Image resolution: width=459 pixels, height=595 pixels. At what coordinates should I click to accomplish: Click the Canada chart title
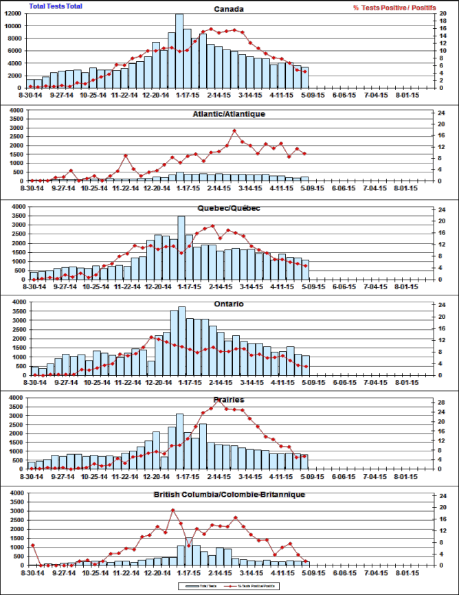coord(229,10)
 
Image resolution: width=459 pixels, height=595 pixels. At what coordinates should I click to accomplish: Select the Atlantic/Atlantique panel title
coord(229,114)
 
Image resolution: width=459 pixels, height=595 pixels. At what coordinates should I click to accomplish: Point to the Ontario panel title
coord(229,304)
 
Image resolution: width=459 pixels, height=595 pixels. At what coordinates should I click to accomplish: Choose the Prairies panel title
coord(229,399)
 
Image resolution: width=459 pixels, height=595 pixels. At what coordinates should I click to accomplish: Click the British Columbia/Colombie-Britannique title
coord(229,495)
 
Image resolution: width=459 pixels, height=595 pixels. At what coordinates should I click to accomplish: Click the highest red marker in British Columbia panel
coord(173,510)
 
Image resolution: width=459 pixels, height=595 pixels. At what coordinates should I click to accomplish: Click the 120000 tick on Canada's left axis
coord(14,14)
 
